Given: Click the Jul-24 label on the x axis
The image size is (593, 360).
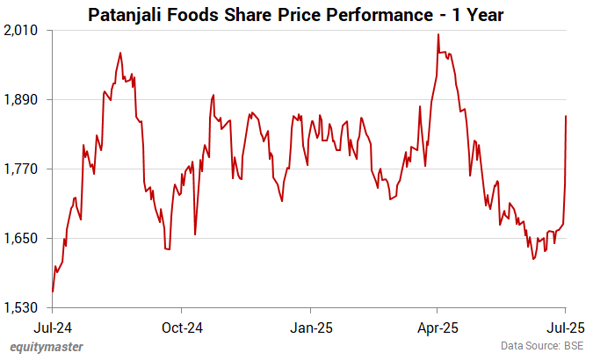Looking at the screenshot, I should pyautogui.click(x=53, y=327).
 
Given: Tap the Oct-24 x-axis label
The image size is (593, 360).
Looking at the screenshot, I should pyautogui.click(x=182, y=327).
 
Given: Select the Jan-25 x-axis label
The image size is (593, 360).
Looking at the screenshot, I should pyautogui.click(x=309, y=327).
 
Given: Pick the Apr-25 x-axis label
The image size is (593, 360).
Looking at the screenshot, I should pyautogui.click(x=438, y=327).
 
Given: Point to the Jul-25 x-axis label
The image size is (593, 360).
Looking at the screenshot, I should pyautogui.click(x=565, y=327).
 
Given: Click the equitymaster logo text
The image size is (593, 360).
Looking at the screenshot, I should pyautogui.click(x=47, y=347).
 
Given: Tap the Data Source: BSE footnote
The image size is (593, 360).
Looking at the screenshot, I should pyautogui.click(x=542, y=347).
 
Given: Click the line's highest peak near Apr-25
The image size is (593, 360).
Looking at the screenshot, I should pyautogui.click(x=438, y=35).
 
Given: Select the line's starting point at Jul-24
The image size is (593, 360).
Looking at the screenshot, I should pyautogui.click(x=53, y=291).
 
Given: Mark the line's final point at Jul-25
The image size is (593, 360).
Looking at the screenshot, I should pyautogui.click(x=566, y=116).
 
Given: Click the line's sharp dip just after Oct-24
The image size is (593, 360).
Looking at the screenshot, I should pyautogui.click(x=195, y=234).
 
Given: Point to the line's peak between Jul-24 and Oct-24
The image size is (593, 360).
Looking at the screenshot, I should pyautogui.click(x=119, y=54).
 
